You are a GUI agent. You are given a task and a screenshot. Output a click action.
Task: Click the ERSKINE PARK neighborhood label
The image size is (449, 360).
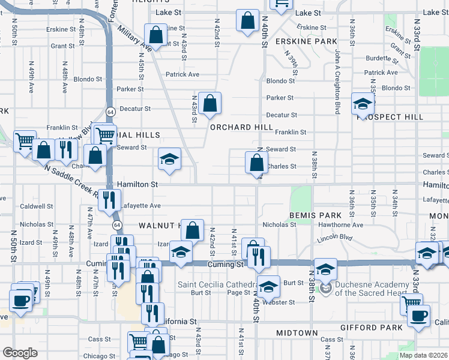pos(307,41)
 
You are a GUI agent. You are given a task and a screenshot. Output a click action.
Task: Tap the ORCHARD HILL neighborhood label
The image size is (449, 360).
pos(241,127)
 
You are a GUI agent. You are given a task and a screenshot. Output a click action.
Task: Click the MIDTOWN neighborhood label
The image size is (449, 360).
pos(297,332)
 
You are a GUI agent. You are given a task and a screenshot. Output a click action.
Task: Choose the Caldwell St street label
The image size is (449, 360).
pos(37,206)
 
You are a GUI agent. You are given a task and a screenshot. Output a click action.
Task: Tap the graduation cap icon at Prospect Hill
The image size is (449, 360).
pos(363,104)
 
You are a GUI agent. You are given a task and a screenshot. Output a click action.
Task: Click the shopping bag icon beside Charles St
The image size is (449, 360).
pos(256,163)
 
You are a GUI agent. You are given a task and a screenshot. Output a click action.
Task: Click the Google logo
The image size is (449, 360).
pos(20,353)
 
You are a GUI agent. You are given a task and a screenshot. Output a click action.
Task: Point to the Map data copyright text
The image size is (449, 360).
pos(423,355)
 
